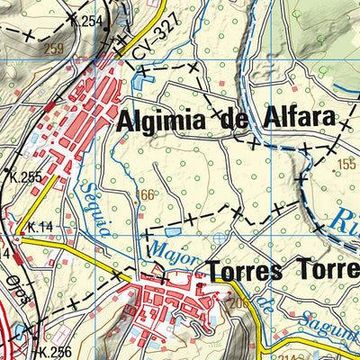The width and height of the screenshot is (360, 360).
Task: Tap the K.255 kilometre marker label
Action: pyautogui.click(x=23, y=177)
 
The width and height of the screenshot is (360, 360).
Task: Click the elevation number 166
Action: pyautogui.click(x=146, y=194)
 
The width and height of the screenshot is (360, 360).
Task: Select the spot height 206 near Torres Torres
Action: pyautogui.click(x=238, y=302)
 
